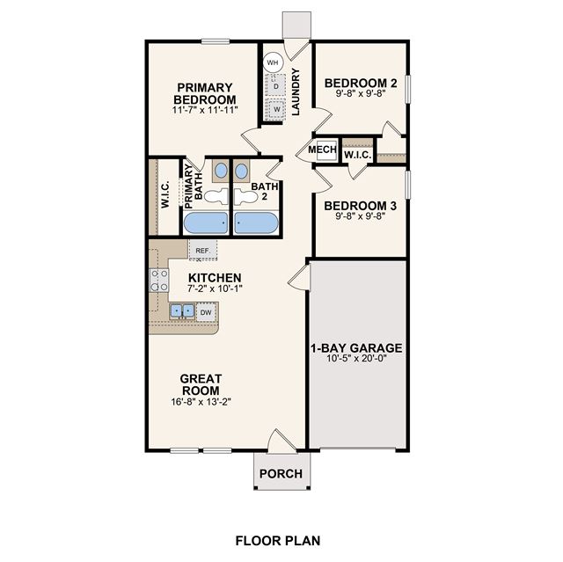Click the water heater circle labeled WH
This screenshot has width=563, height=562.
point(273,62)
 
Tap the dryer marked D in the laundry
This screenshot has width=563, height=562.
point(275,85)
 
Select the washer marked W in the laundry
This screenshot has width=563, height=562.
point(275,109)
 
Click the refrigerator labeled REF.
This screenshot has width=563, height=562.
point(203,250)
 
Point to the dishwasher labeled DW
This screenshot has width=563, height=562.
point(206,312)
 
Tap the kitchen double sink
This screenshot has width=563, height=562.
point(182,310)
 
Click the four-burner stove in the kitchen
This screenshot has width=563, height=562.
point(158,281)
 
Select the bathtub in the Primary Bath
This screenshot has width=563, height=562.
point(206,223)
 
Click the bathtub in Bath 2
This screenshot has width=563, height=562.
point(256,223)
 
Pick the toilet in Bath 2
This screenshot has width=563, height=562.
point(245,196)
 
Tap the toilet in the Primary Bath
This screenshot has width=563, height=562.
point(216,196)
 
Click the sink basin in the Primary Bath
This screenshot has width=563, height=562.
point(221,171)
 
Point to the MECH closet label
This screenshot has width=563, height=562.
point(323,149)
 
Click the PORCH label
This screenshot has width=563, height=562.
point(281,474)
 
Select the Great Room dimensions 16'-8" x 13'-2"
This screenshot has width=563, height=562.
point(201,402)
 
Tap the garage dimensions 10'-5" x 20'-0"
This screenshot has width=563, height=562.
point(356,358)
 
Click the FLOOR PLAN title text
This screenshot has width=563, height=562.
point(278,541)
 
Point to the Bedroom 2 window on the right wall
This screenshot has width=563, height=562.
point(407,90)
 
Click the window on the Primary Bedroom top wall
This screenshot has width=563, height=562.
point(216,41)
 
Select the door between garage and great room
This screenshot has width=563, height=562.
point(299,277)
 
